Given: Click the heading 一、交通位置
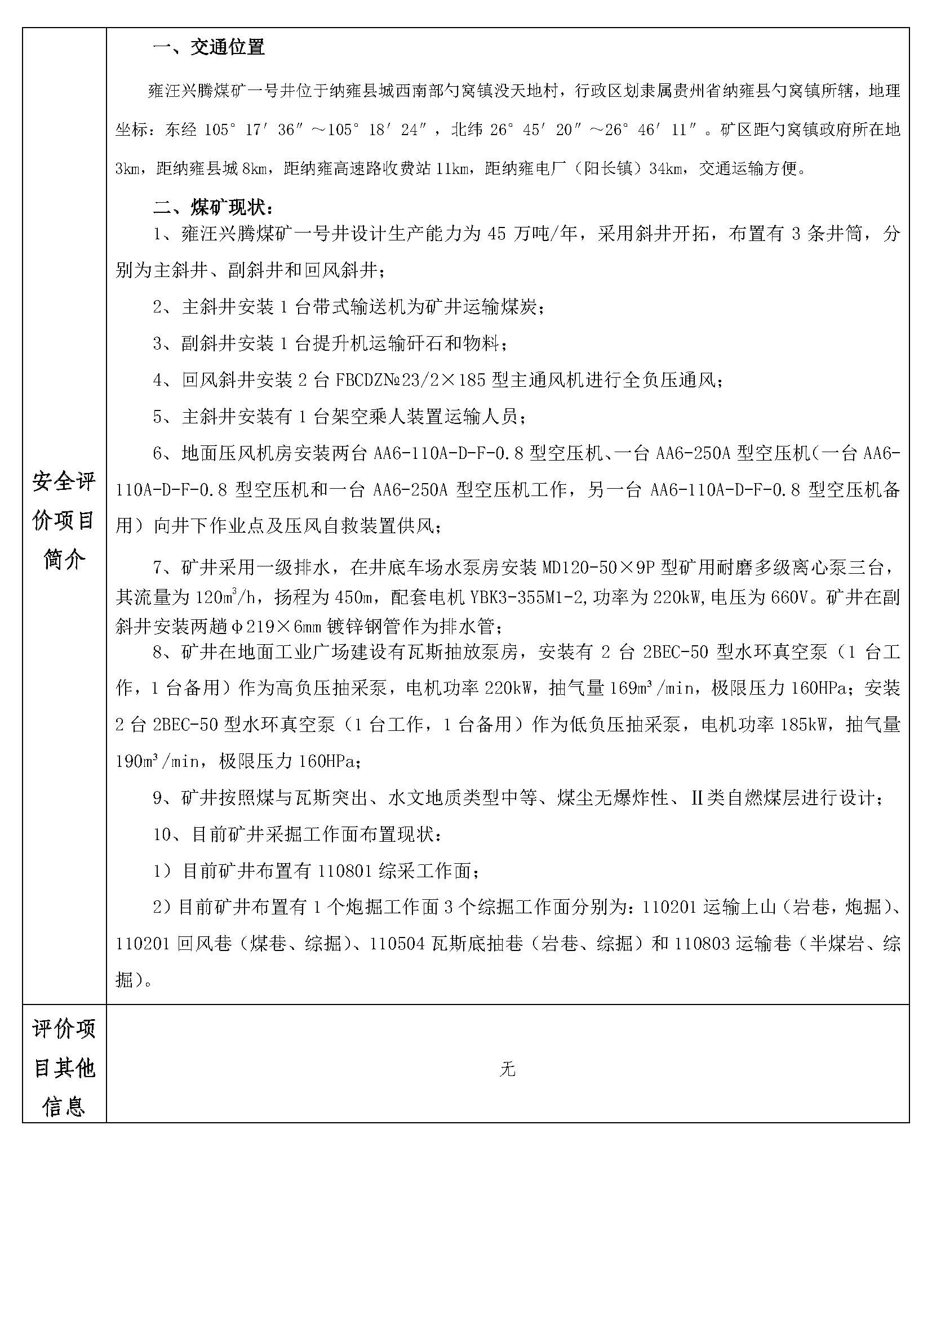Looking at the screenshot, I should [208, 47].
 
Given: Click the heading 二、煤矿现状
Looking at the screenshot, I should [213, 207].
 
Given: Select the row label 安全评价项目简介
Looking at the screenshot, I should [64, 520].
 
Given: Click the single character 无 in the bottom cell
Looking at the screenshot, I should [507, 1069].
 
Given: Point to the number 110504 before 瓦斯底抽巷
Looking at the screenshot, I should [398, 944].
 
